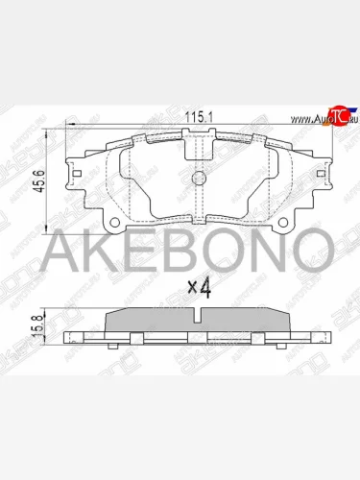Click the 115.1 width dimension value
pyautogui.click(x=196, y=118)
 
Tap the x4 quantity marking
pyautogui.click(x=199, y=285)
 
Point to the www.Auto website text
pyautogui.click(x=304, y=119)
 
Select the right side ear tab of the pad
pyautogui.click(x=324, y=178)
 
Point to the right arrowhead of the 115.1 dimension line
pyautogui.click(x=328, y=126)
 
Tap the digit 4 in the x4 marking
pyautogui.click(x=204, y=285)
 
